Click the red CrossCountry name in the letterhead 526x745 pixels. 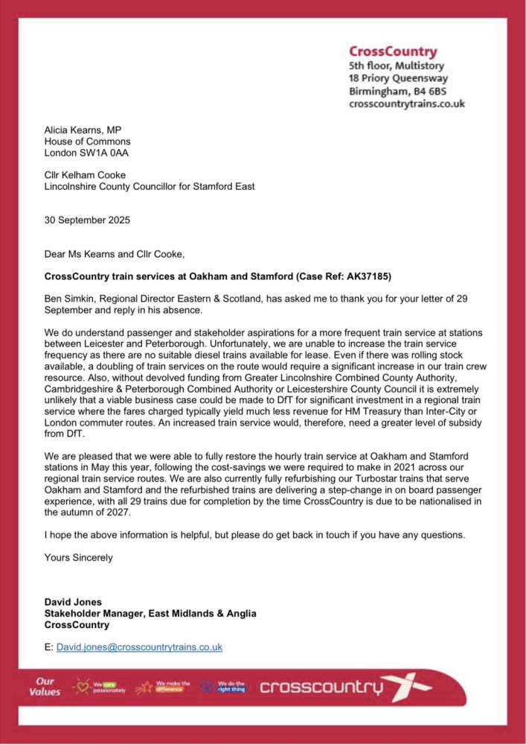click(393, 51)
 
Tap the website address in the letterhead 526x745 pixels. click(407, 104)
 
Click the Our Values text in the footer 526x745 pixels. click(45, 686)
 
